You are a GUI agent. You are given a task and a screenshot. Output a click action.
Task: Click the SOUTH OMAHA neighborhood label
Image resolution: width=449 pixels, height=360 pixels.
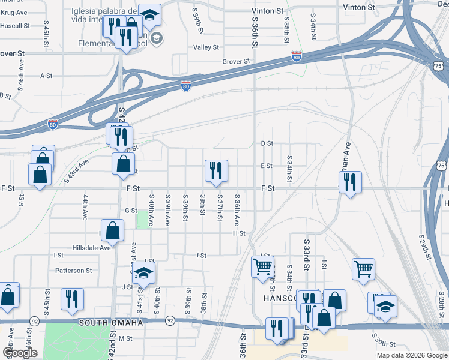coord(111,323)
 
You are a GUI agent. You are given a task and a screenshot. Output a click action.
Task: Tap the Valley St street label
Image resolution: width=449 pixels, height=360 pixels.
coord(206,47)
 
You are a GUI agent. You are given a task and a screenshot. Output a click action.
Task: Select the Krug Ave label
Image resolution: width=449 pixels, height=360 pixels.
coord(14,12)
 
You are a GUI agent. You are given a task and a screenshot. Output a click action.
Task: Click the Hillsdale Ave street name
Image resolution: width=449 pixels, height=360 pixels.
coord(91,247)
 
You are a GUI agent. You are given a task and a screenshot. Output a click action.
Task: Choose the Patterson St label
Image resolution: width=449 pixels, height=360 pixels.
coord(73,271)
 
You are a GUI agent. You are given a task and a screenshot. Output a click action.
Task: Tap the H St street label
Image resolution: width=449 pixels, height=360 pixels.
coord(240,233)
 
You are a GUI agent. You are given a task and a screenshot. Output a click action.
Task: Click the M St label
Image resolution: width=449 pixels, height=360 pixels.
coord(125,338)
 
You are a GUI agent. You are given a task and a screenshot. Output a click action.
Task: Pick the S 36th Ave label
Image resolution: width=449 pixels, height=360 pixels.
coord(237,207)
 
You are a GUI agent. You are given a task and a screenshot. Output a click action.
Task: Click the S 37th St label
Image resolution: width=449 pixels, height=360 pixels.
coord(220,207)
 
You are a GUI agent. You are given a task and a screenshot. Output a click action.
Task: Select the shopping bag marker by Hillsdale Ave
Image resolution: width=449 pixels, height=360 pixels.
coord(113,230)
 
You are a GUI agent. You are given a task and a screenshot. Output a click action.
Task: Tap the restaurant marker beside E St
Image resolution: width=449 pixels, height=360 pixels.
coord(215,171)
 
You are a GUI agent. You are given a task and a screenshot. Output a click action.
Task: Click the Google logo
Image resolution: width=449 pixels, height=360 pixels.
coord(20,353)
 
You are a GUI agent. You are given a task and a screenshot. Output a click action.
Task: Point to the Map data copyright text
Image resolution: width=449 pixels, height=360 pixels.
coord(412,355)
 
